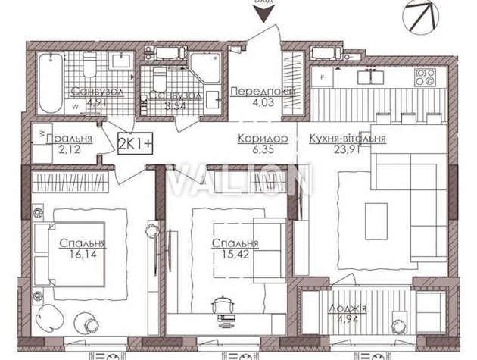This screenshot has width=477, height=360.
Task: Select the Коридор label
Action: (x=262, y=139)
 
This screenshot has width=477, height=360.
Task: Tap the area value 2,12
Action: (x=58, y=150)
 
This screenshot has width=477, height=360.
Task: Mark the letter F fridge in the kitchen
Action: (x=322, y=77)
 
